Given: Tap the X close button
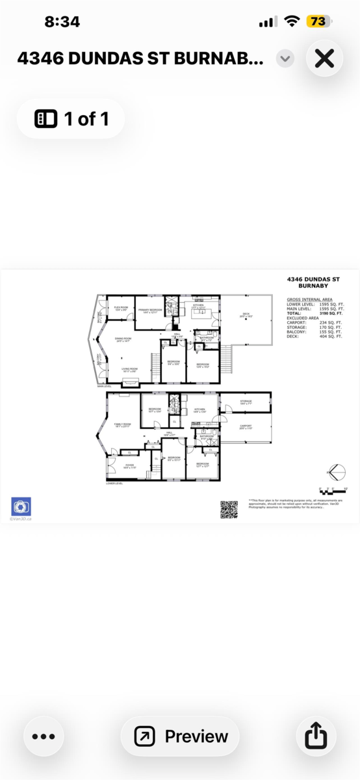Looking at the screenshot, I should [324, 58].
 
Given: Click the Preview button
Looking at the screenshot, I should [180, 736].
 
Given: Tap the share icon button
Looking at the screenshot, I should [315, 736].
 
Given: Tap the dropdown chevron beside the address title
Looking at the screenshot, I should [285, 58].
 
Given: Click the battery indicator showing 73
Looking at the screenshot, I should [318, 21].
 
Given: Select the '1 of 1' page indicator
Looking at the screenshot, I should [71, 119].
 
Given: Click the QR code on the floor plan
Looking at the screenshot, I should [229, 510].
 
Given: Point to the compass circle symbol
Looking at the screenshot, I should [336, 471].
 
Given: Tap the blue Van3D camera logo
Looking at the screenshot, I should [21, 506].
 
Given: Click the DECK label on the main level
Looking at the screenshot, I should [246, 314].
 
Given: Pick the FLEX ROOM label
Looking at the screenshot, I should [121, 307].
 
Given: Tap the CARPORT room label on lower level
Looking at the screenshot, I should [245, 426].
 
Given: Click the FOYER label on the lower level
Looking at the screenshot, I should [120, 465].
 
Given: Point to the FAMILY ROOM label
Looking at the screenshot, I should [123, 424].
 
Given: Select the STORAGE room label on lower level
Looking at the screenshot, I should [246, 402].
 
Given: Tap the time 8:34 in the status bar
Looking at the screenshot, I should [62, 21].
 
